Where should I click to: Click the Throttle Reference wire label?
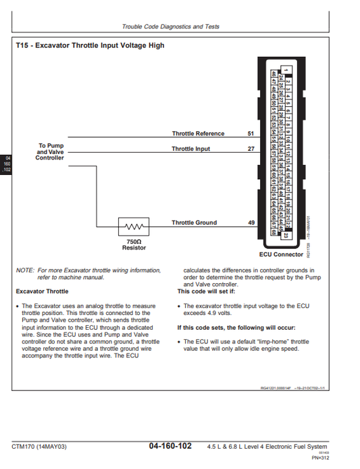tap(198, 134)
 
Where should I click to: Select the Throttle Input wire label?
tap(190, 149)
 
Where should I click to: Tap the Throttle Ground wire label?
tap(194, 222)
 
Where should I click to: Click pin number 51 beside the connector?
tap(251, 134)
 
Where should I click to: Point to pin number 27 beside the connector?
tap(251, 149)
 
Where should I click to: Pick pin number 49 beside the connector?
tap(251, 222)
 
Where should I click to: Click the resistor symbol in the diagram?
tap(134, 226)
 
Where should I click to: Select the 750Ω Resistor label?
tap(134, 244)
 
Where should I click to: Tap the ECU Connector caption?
tap(281, 255)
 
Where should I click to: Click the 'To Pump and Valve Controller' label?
tap(50, 151)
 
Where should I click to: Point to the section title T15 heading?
tap(90, 46)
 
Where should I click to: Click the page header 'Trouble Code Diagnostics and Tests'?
tap(170, 27)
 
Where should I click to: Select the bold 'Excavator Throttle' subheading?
tap(42, 292)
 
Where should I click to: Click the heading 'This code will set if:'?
tap(206, 292)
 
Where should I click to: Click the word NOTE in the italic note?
tap(25, 270)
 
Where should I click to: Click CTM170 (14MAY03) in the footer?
tap(39, 447)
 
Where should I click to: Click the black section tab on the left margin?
tap(7, 164)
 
